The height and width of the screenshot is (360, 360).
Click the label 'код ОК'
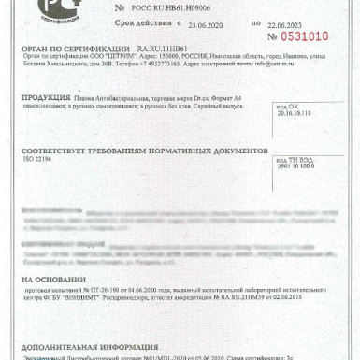287,133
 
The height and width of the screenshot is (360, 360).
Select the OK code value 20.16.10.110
297,139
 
